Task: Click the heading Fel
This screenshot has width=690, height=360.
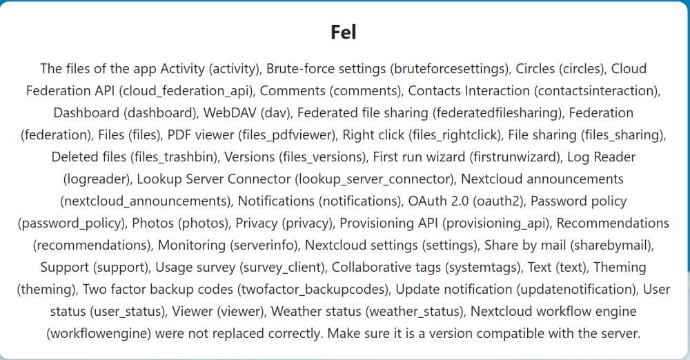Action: pyautogui.click(x=343, y=32)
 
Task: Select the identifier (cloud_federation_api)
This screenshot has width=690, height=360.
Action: pyautogui.click(x=187, y=90)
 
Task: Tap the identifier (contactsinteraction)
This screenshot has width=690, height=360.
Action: pyautogui.click(x=597, y=90)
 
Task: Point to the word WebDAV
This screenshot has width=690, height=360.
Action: pyautogui.click(x=230, y=112)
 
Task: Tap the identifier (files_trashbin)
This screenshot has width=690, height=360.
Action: pyautogui.click(x=175, y=157)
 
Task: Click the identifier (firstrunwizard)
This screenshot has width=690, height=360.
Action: pyautogui.click(x=515, y=157)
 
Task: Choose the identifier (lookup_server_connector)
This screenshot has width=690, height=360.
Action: pyautogui.click(x=375, y=179)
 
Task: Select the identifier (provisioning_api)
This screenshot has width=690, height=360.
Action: pyautogui.click(x=496, y=223)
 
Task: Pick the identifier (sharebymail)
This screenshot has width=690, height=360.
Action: pyautogui.click(x=612, y=245)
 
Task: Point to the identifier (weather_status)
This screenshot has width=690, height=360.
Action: pyautogui.click(x=415, y=311)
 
